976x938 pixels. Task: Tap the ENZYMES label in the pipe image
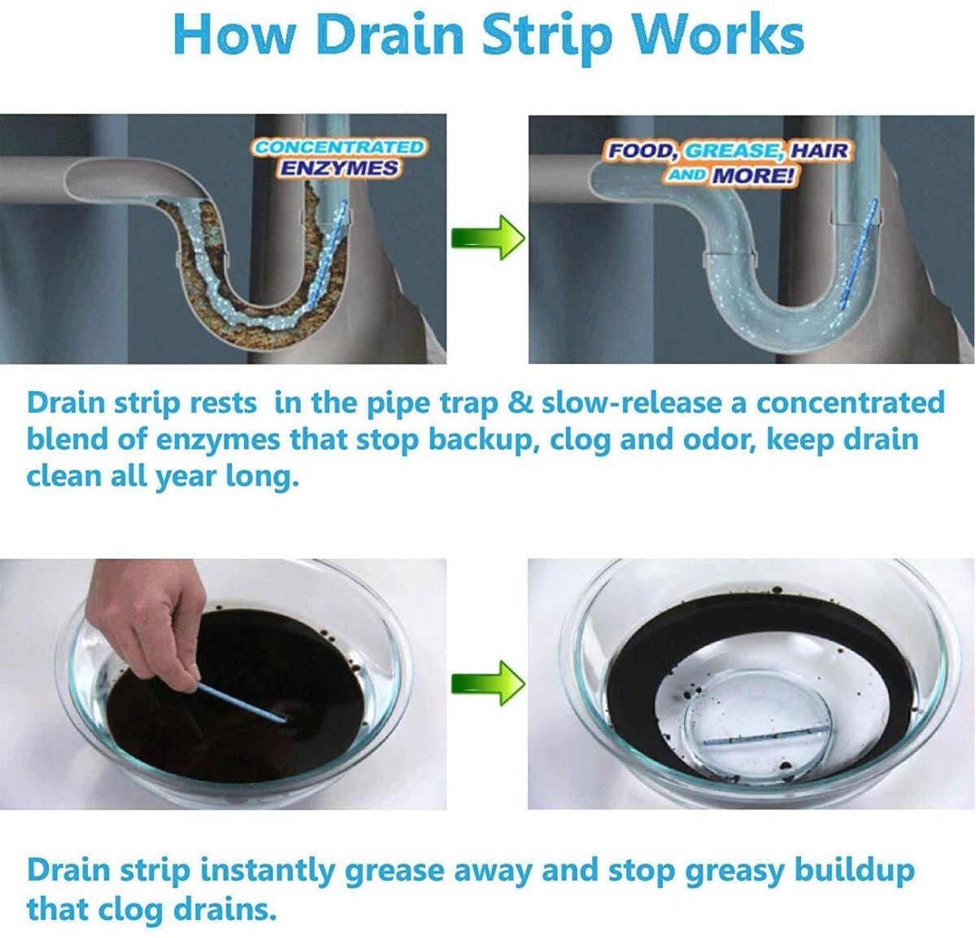[339, 168]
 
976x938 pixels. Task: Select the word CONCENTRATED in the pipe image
[338, 147]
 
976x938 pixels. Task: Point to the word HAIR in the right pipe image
[819, 151]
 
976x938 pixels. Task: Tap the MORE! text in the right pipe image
[752, 176]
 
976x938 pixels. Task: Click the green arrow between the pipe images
[487, 237]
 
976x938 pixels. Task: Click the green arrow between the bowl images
[487, 681]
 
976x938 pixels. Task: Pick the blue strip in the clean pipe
[856, 252]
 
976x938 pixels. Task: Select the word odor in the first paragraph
[717, 440]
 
